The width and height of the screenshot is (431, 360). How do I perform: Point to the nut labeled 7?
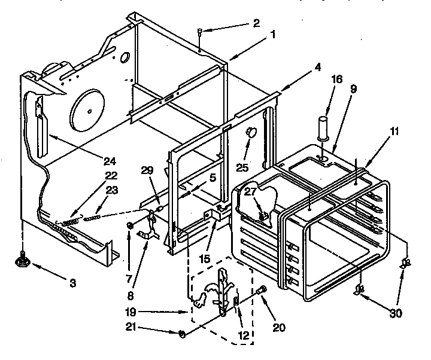[x=130, y=225]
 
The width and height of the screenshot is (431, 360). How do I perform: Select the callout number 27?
[x=249, y=193]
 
